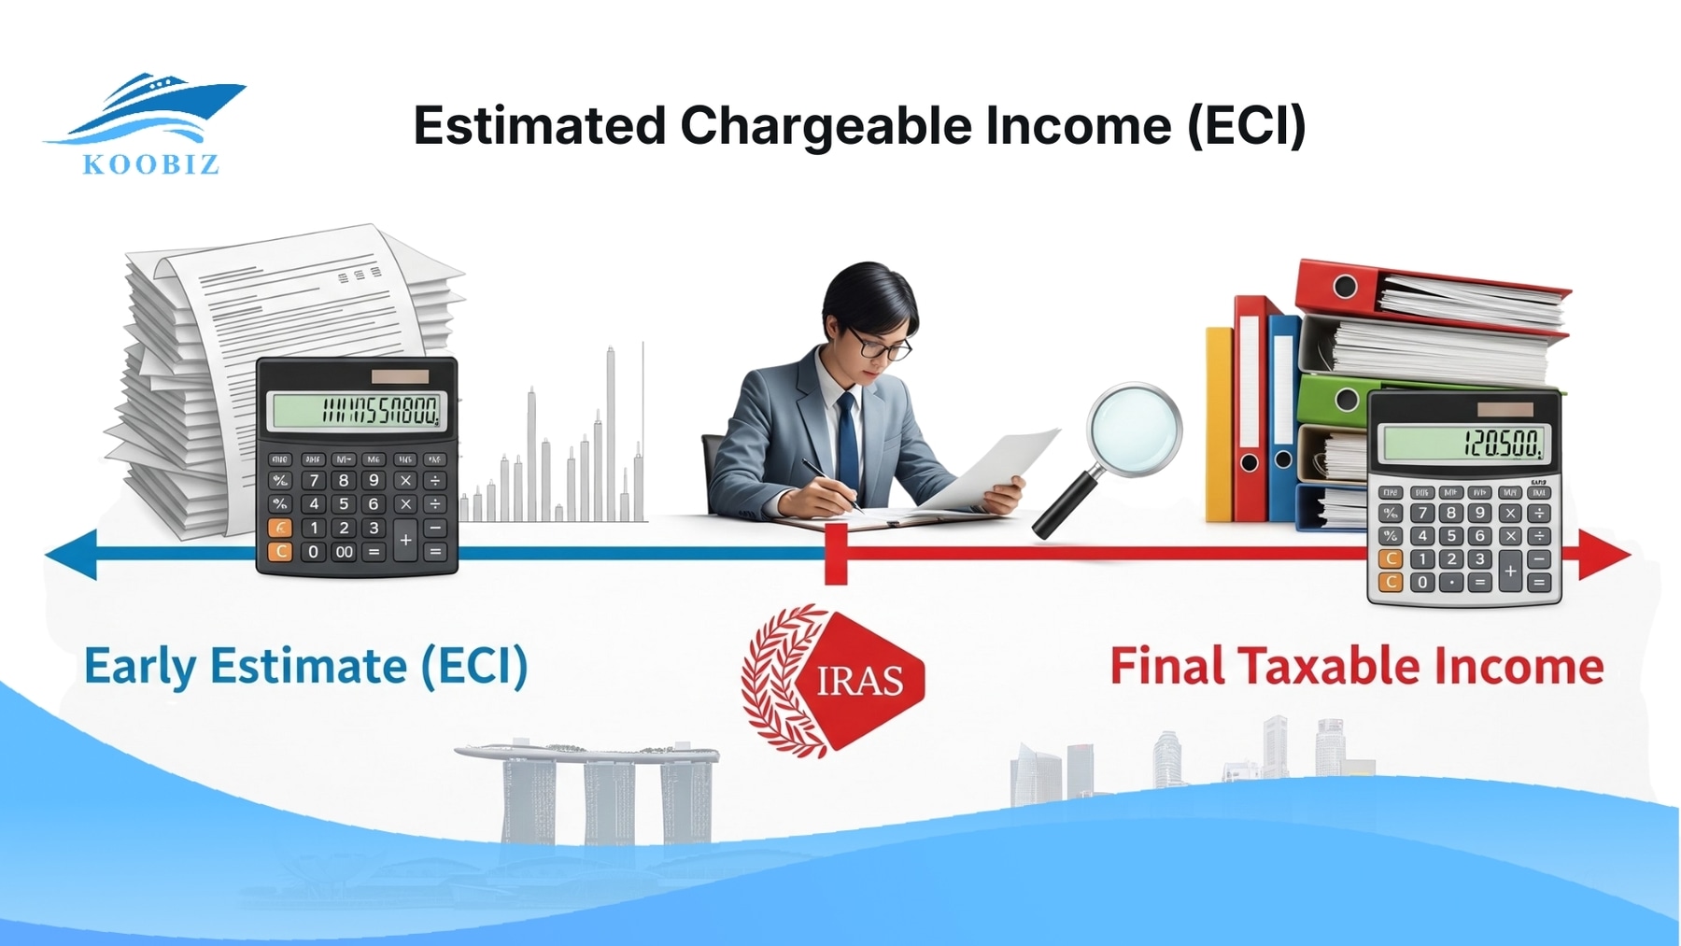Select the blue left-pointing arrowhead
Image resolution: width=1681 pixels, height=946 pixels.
73,554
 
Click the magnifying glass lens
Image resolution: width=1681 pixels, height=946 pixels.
1134,430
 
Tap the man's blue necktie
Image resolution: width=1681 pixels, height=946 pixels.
847,439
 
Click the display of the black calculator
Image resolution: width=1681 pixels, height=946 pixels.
356,410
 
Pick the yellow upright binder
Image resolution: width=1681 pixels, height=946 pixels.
1219,425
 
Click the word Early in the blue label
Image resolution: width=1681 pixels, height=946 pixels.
140,667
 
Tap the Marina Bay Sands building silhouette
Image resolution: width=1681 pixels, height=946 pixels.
587,789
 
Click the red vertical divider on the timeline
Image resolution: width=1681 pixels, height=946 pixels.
836,554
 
